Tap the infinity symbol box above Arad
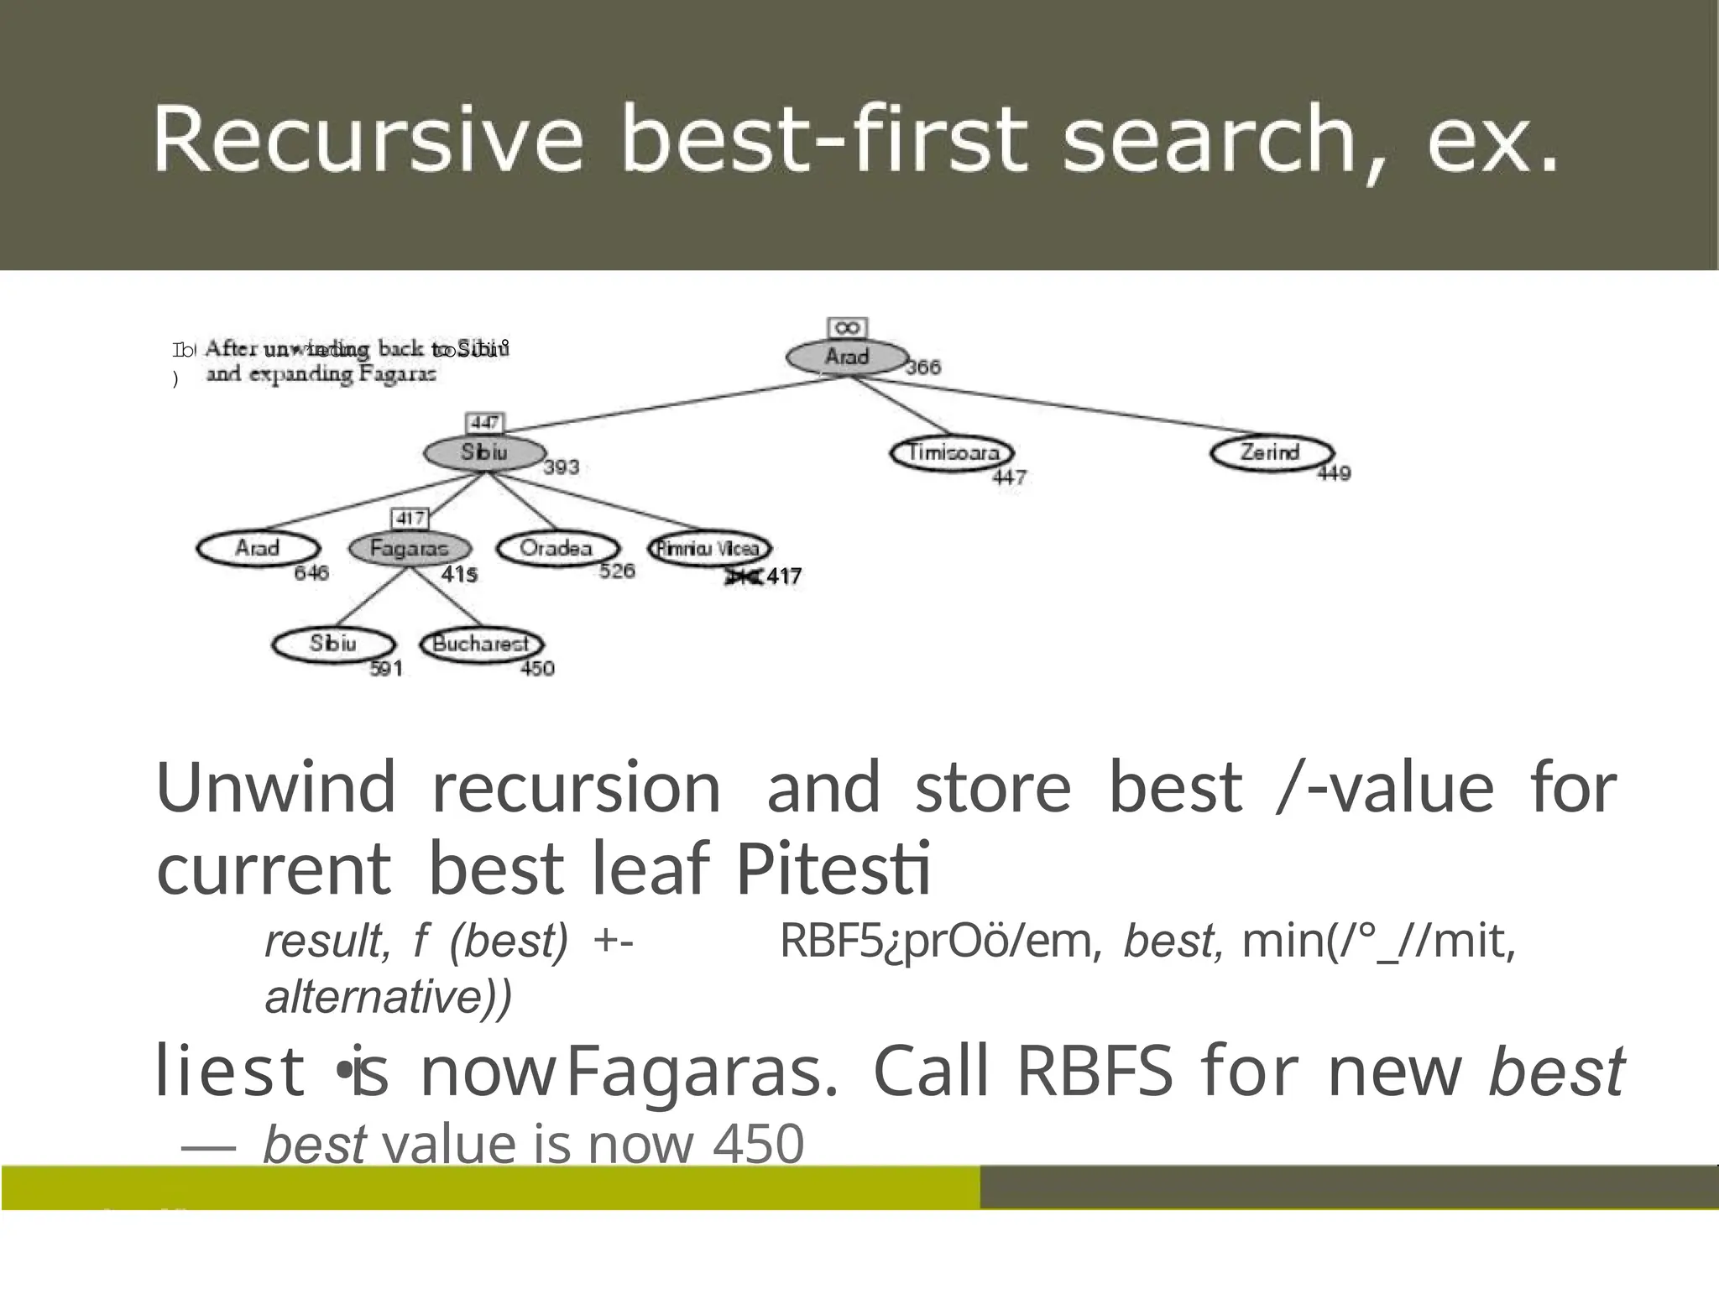tap(847, 328)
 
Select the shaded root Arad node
tap(846, 357)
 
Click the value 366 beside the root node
tap(923, 368)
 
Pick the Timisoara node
tap(953, 453)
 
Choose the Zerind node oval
tap(1271, 453)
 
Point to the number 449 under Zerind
tap(1333, 474)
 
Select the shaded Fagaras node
tap(410, 549)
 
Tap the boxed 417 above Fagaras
tap(410, 519)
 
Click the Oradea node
tap(556, 549)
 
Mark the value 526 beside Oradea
tap(617, 571)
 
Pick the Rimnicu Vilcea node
tap(709, 549)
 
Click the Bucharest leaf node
tap(481, 644)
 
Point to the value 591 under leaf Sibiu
tap(386, 669)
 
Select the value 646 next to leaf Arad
tap(311, 573)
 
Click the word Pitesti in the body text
tap(833, 869)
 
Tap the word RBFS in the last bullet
tap(1095, 1072)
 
